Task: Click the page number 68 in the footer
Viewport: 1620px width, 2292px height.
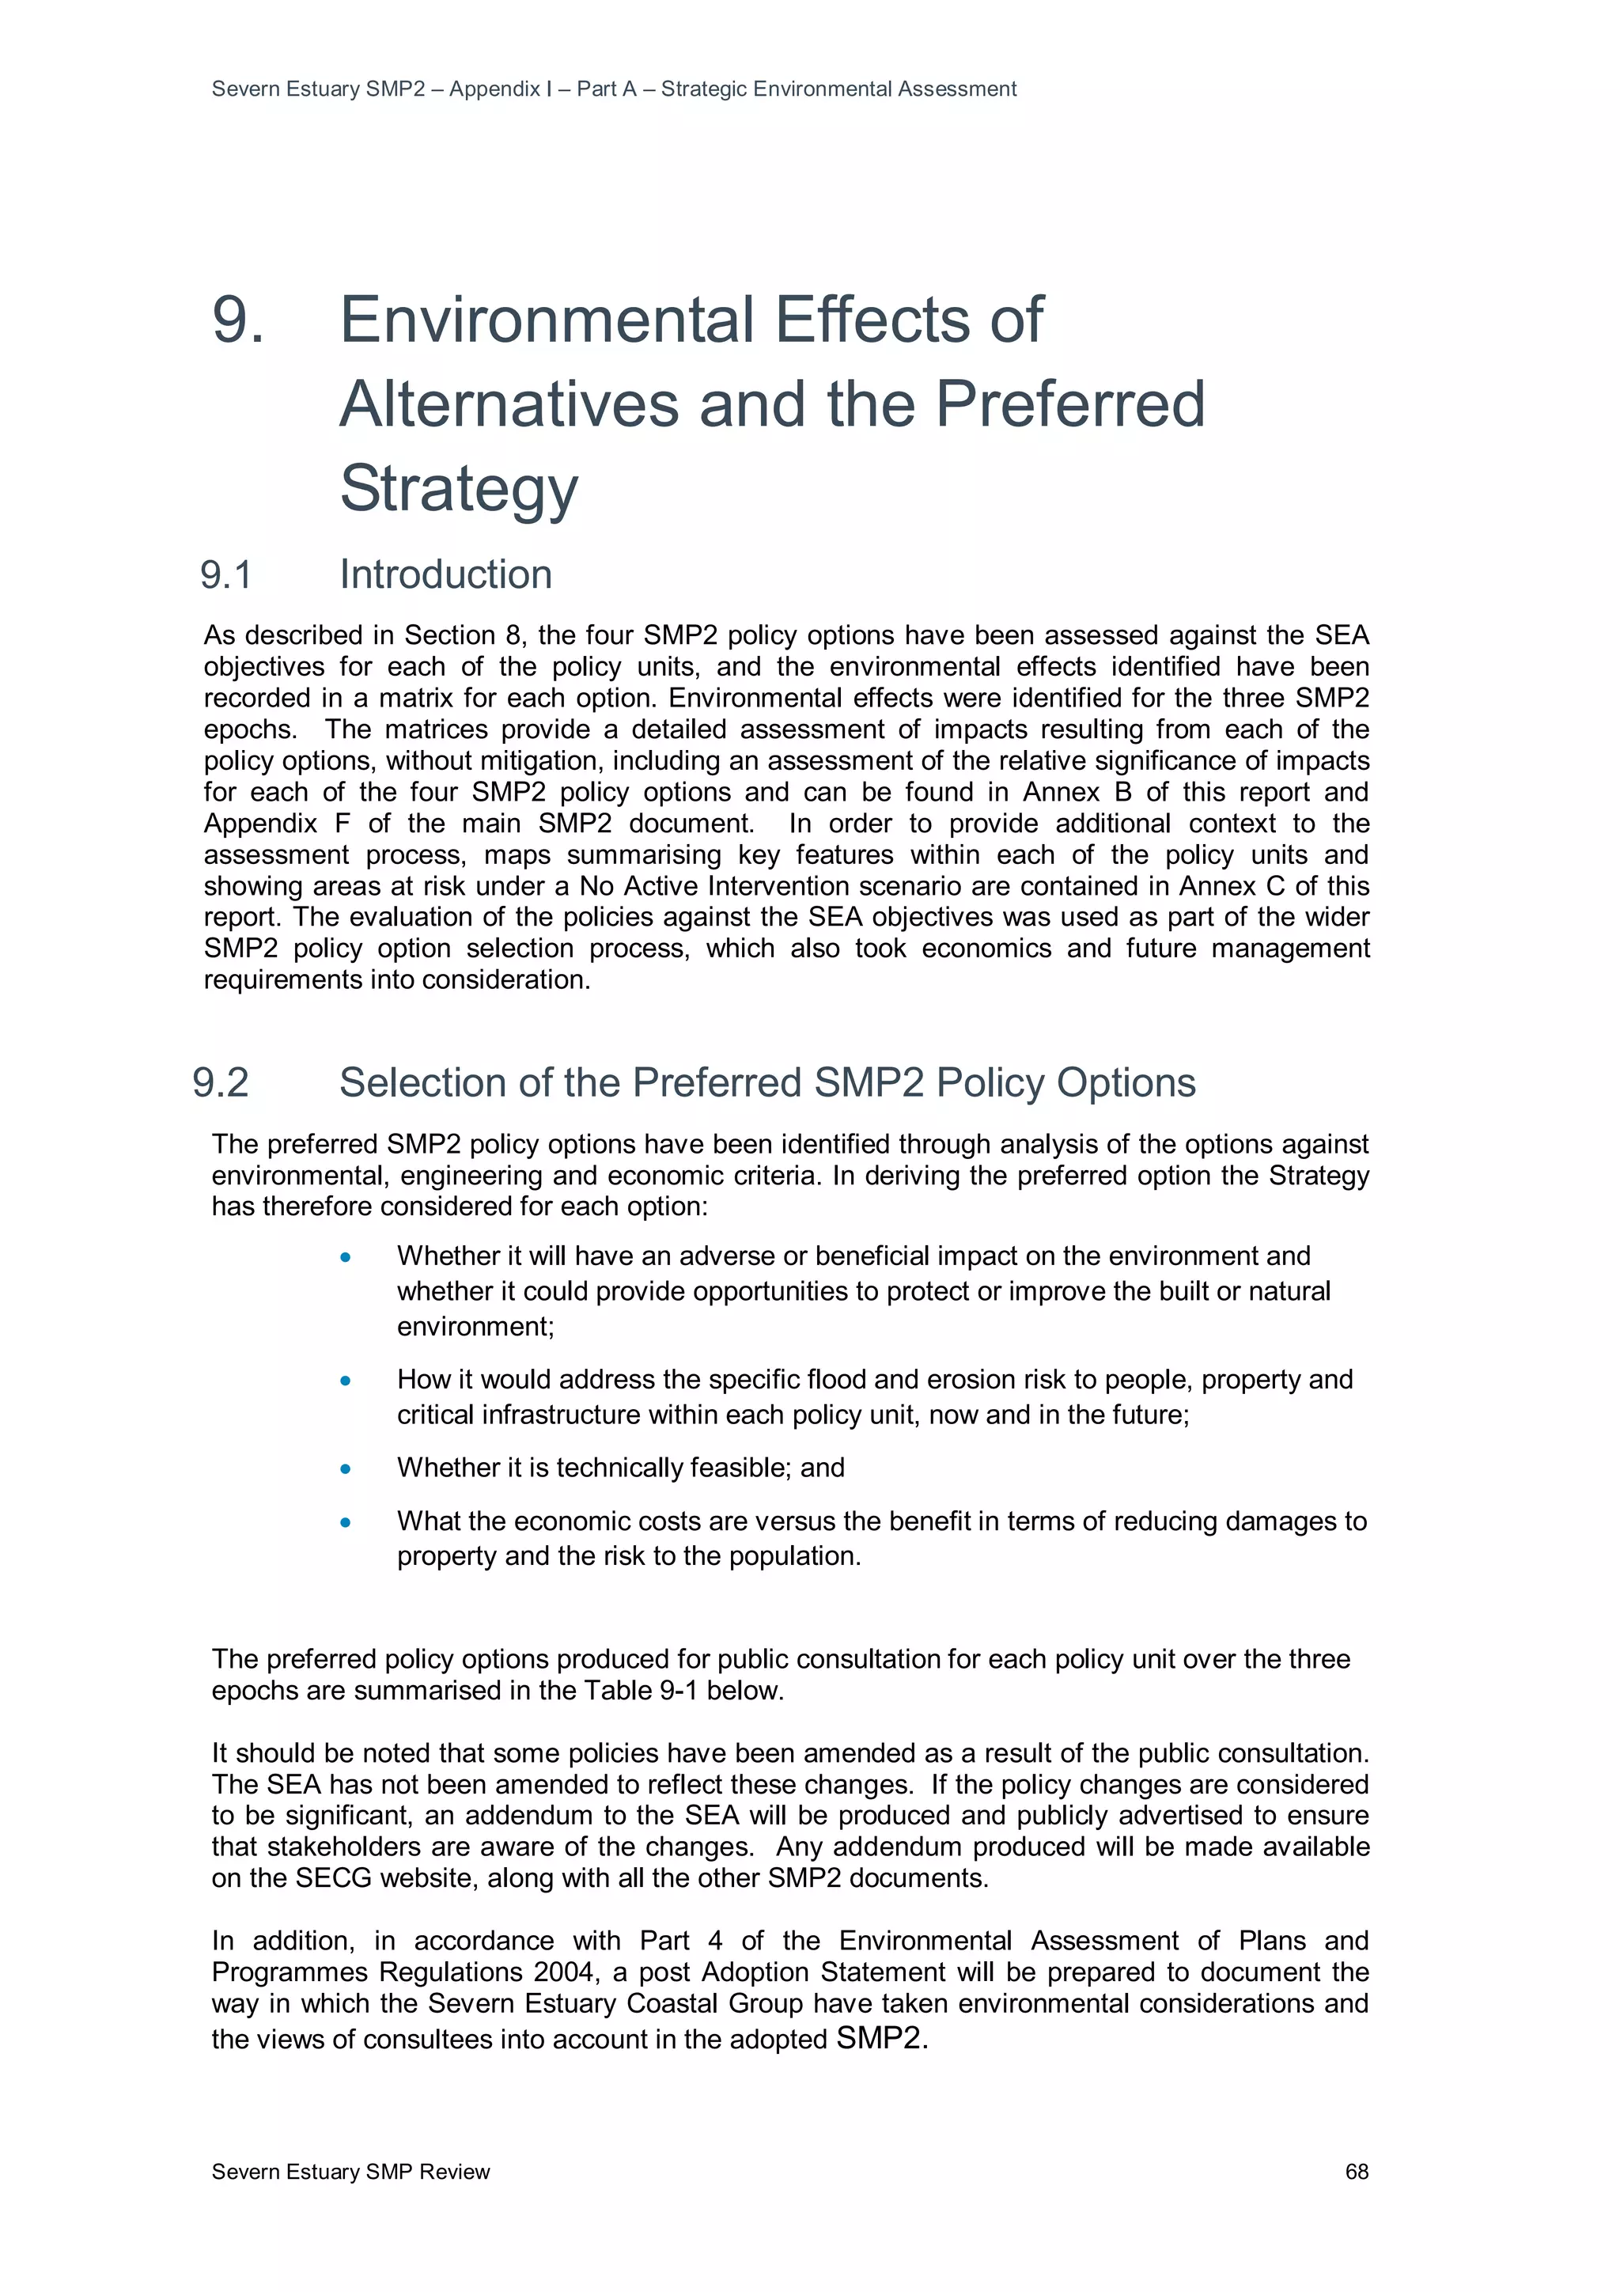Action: pos(1356,2171)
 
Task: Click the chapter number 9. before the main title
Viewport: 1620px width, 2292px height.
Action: pos(239,320)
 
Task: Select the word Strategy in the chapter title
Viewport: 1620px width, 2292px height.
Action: pos(458,488)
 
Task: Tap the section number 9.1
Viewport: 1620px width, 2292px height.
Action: pos(225,575)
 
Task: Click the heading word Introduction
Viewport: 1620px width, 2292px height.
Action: pos(445,575)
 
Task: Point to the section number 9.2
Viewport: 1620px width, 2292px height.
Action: pos(221,1083)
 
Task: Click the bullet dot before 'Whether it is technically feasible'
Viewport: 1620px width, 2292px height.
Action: pos(346,1468)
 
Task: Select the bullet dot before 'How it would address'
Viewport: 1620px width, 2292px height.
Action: pos(346,1381)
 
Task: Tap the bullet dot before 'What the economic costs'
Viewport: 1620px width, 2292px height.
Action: pos(346,1522)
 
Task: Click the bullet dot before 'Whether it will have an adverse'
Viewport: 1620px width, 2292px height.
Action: pos(346,1257)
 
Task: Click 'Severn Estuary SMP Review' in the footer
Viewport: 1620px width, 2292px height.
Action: pos(350,2171)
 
